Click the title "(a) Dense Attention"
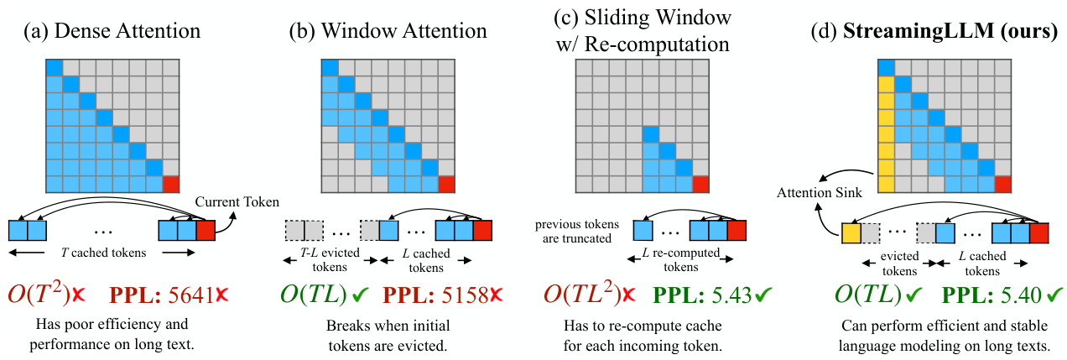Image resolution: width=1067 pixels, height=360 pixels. click(x=112, y=31)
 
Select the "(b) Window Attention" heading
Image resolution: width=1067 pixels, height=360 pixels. click(x=388, y=31)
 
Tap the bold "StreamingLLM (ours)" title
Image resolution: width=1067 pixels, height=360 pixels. click(x=950, y=31)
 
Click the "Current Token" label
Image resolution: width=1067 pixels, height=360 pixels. click(x=237, y=201)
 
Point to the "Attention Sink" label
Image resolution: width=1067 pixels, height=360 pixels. click(x=820, y=193)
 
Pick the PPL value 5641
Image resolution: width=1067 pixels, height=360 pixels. click(x=190, y=295)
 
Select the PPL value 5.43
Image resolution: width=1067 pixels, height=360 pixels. click(x=733, y=295)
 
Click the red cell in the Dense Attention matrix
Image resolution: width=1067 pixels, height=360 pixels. click(x=170, y=184)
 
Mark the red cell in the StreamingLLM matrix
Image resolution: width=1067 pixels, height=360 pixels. click(x=1002, y=184)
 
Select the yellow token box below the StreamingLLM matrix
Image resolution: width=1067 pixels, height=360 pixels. click(x=851, y=233)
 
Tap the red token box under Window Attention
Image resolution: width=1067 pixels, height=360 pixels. click(x=482, y=230)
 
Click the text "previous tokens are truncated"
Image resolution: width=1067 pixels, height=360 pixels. click(x=577, y=232)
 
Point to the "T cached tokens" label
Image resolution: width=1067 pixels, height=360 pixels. click(x=103, y=253)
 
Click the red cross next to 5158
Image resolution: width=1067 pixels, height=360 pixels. click(x=496, y=295)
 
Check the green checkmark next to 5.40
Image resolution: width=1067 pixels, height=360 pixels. click(x=1054, y=295)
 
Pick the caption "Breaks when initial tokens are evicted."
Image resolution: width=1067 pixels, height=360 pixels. click(x=388, y=335)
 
